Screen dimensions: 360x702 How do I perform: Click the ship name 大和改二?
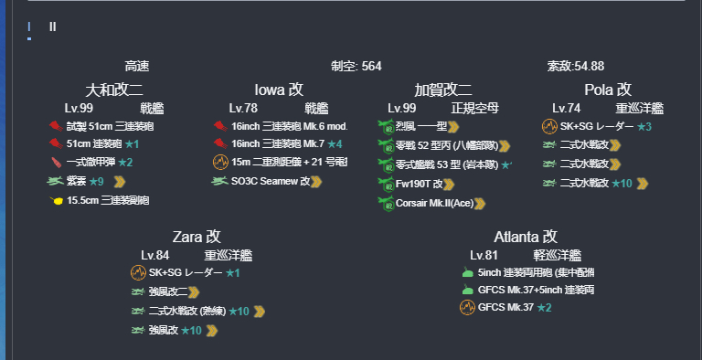coord(113,90)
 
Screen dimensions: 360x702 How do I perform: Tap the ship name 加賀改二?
coord(443,90)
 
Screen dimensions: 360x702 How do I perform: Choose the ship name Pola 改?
coord(608,90)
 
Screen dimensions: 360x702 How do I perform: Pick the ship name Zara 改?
coord(197,237)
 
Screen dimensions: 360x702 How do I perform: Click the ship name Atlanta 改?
coord(526,237)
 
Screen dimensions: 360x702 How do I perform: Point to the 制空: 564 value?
coord(356,66)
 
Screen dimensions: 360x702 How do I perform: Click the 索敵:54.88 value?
coord(575,66)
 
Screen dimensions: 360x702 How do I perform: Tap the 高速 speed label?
coord(137,66)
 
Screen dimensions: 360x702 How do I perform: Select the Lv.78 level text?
coord(243,108)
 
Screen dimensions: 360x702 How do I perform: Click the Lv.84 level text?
coord(154,255)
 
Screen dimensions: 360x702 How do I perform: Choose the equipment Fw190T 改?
coord(419,184)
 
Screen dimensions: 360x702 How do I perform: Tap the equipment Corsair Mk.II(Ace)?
coord(433,203)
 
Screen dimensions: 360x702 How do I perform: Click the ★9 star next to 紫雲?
coord(96,181)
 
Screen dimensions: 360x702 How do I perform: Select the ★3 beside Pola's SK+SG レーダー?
coord(644,126)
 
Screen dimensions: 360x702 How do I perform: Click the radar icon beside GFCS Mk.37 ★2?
coord(466,307)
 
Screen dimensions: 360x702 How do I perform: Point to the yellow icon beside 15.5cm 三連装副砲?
coord(57,200)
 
